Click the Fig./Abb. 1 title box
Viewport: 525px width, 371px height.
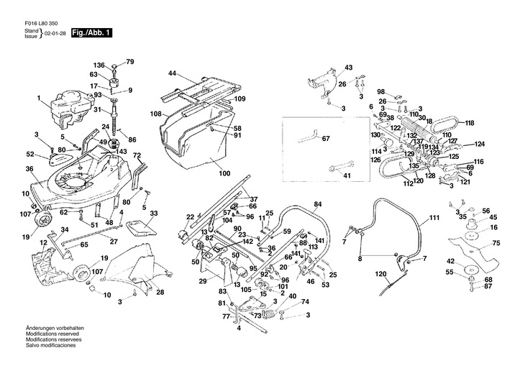91,33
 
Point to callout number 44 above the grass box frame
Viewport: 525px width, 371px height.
173,74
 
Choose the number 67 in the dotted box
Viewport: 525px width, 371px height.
325,138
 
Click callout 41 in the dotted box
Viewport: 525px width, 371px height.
346,175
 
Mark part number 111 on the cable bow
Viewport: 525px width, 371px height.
434,216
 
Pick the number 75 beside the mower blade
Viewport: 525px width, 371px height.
496,244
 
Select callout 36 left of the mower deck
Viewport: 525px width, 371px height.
29,169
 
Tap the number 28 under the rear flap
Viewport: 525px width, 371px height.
160,292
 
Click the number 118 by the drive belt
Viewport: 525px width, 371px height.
470,123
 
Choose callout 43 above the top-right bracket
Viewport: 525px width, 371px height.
348,67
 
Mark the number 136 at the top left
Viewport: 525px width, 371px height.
99,65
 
